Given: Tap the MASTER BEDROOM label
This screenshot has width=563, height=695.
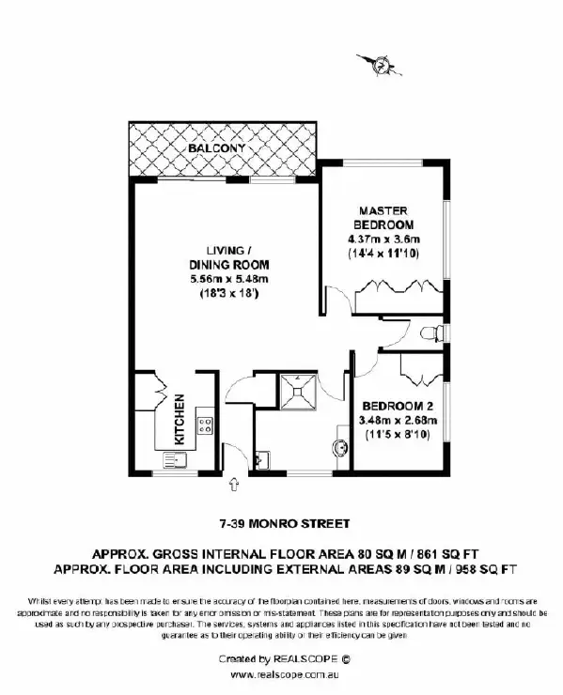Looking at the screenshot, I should [x=383, y=218].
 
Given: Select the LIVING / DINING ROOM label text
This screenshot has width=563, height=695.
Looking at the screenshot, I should [x=228, y=256].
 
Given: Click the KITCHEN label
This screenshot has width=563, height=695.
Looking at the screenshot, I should [x=179, y=418].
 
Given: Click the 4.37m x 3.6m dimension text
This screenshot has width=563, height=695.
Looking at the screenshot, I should [x=384, y=239].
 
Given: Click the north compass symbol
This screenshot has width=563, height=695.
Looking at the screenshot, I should [x=381, y=66].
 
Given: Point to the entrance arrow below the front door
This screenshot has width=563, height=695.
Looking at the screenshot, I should [x=233, y=483].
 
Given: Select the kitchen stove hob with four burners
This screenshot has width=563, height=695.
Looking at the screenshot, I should [x=203, y=428].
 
